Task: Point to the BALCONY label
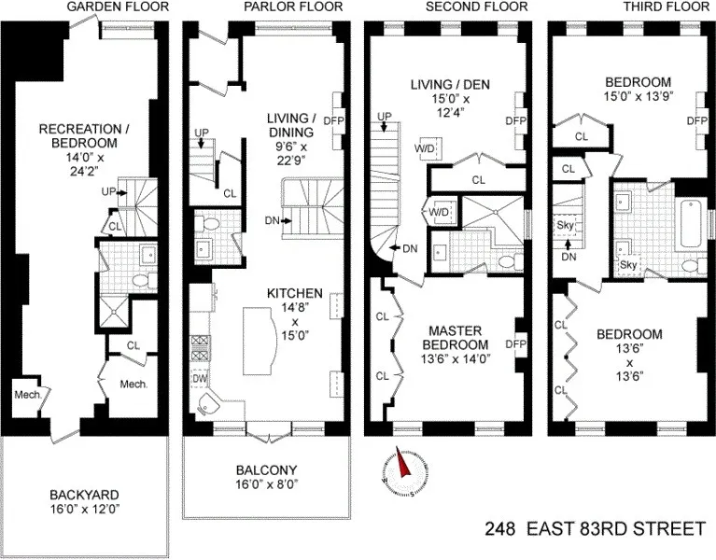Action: pos(265,469)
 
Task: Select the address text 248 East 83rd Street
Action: pos(595,529)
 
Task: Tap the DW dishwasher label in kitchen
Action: pos(200,380)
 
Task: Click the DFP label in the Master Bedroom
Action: pos(515,343)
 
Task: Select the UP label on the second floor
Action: pos(384,117)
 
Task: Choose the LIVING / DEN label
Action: pos(449,85)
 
